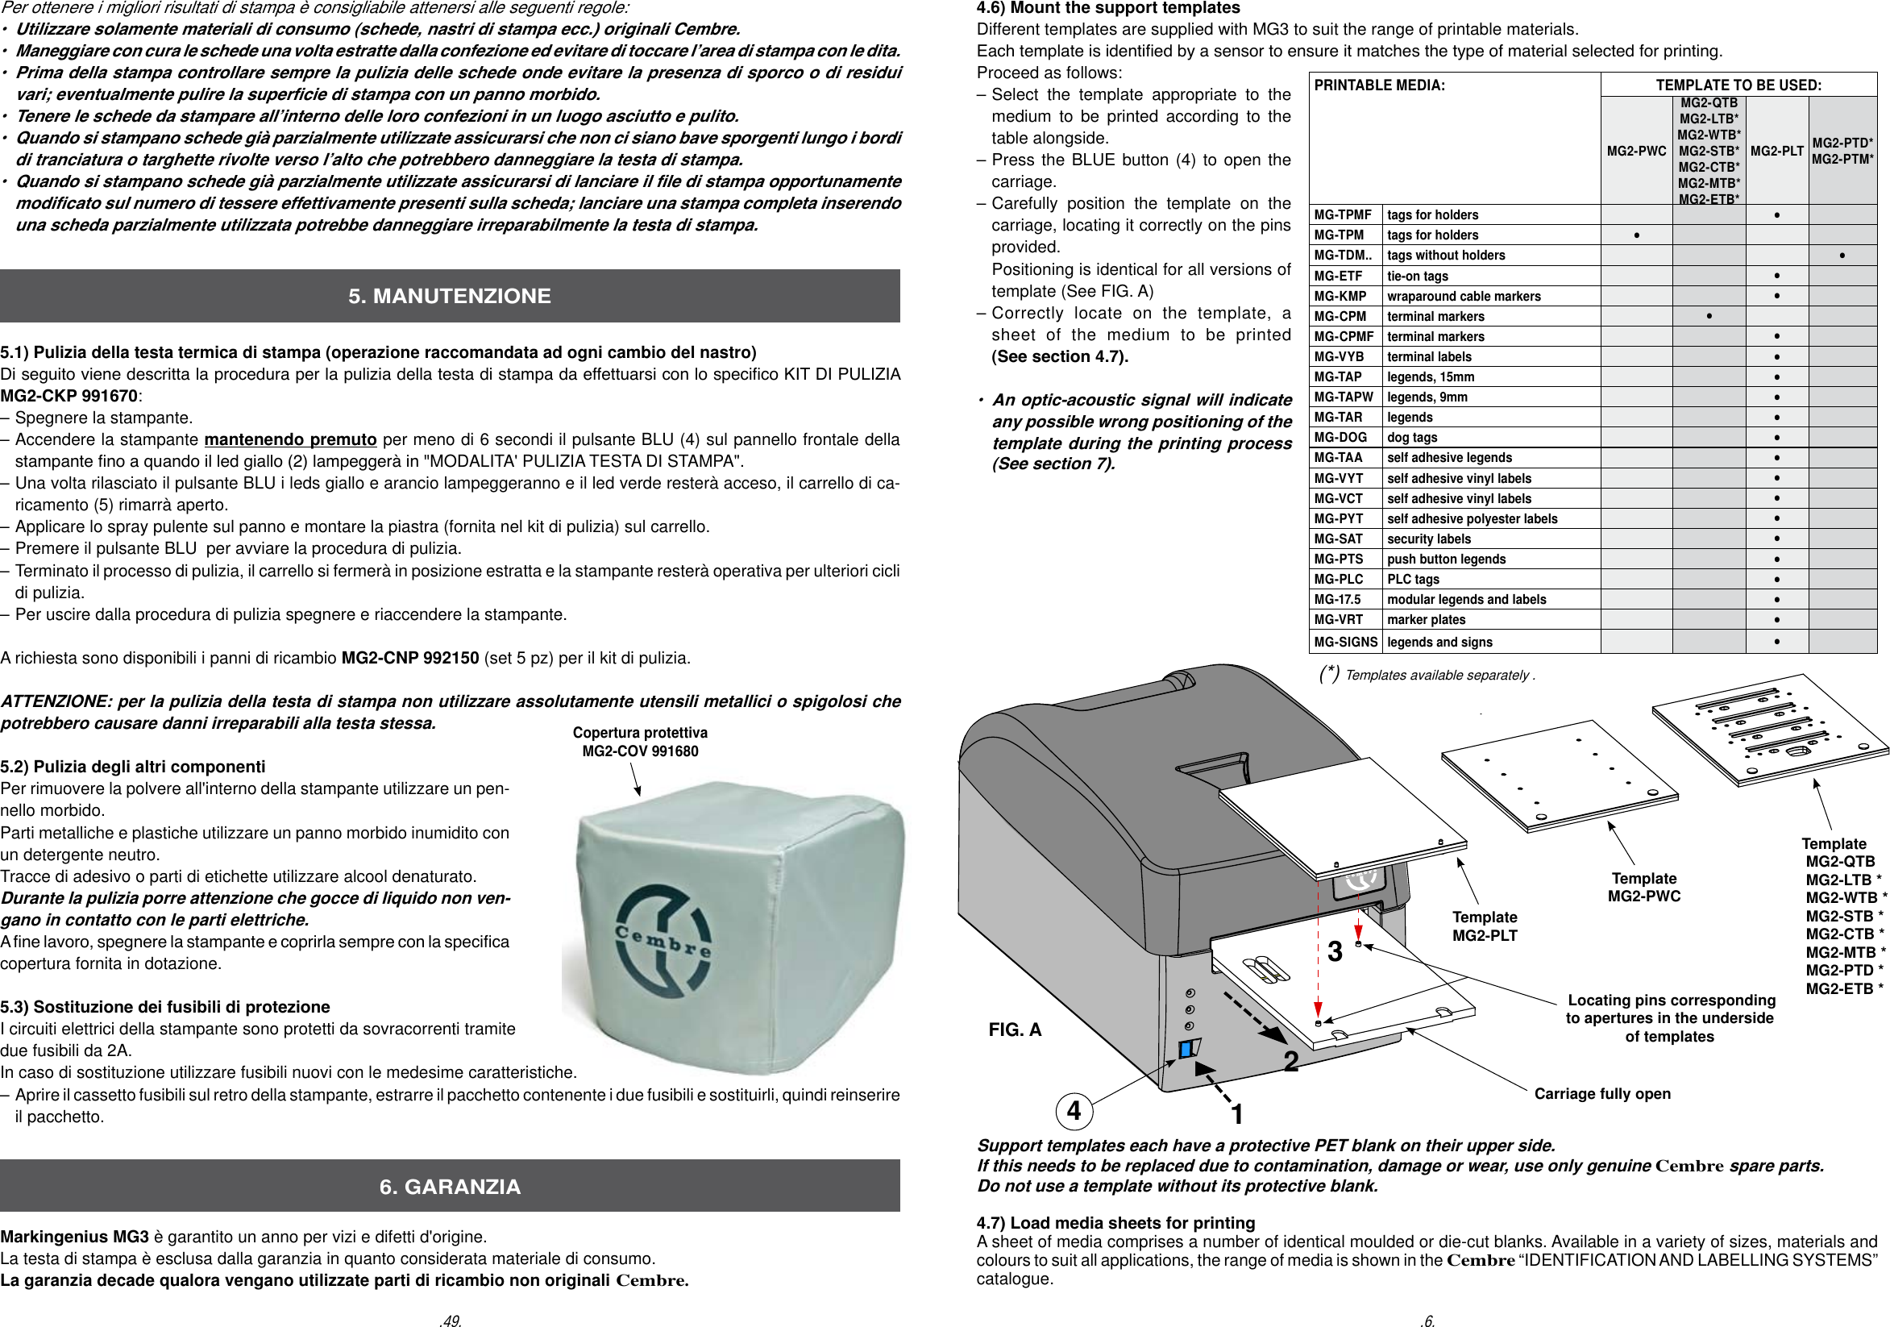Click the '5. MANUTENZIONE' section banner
pos(450,296)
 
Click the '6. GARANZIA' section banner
pos(450,1186)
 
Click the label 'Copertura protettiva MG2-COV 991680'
pos(640,742)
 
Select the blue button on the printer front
pos(1186,1049)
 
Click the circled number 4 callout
pos(1074,1110)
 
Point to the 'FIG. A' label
pos(1014,1030)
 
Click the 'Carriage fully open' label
pos(1602,1093)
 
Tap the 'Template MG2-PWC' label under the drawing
pos(1644,888)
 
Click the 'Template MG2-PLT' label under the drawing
pos(1484,926)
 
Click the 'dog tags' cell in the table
pos(1413,437)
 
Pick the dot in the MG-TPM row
pos(1636,235)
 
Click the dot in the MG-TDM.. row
pos(1842,256)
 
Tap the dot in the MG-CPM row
pos(1709,316)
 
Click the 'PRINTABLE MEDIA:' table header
pos(1379,85)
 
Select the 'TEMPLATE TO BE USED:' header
pos(1738,85)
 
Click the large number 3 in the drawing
pos(1335,951)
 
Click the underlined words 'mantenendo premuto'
pos(290,439)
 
